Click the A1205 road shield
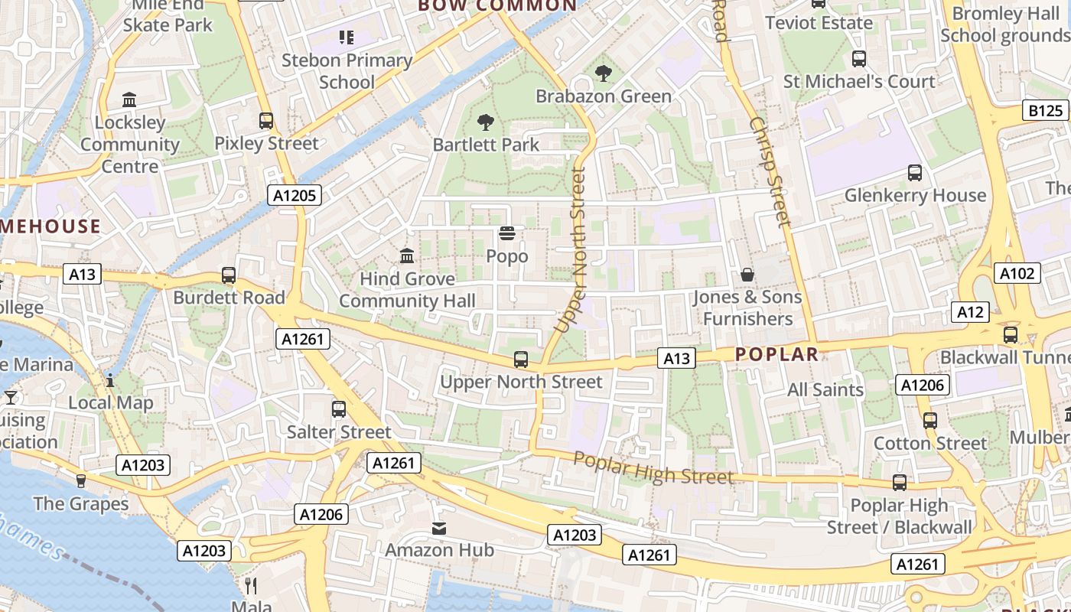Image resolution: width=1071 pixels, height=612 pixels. pyautogui.click(x=295, y=196)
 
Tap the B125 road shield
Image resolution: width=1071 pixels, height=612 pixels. pyautogui.click(x=1045, y=111)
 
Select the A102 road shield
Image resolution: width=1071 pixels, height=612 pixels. pyautogui.click(x=1017, y=273)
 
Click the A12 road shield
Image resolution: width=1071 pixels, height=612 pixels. pyautogui.click(x=969, y=312)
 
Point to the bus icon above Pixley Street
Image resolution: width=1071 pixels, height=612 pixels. pyautogui.click(x=266, y=121)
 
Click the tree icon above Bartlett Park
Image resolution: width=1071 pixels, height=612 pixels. pyautogui.click(x=485, y=122)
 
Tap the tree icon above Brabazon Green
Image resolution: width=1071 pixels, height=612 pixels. pyautogui.click(x=604, y=73)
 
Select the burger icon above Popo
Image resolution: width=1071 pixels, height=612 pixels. pyautogui.click(x=506, y=233)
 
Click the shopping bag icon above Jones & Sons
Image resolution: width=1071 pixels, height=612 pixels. pyautogui.click(x=747, y=274)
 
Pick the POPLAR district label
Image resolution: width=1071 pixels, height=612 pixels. pyautogui.click(x=776, y=354)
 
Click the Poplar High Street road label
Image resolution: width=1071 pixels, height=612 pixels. pyautogui.click(x=653, y=467)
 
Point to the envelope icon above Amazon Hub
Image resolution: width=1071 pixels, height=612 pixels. pyautogui.click(x=439, y=528)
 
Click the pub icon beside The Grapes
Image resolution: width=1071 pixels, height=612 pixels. pyautogui.click(x=81, y=481)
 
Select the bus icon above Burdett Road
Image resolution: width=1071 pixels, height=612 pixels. pyautogui.click(x=228, y=275)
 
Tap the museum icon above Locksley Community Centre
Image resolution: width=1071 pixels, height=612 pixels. pyautogui.click(x=129, y=100)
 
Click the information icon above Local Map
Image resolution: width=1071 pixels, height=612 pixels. pyautogui.click(x=110, y=380)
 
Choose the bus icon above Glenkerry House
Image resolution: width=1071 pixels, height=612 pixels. pyautogui.click(x=914, y=173)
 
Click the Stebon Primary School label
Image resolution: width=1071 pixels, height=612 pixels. pyautogui.click(x=347, y=70)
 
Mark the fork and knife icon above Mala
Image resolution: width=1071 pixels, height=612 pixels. pyautogui.click(x=251, y=586)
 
